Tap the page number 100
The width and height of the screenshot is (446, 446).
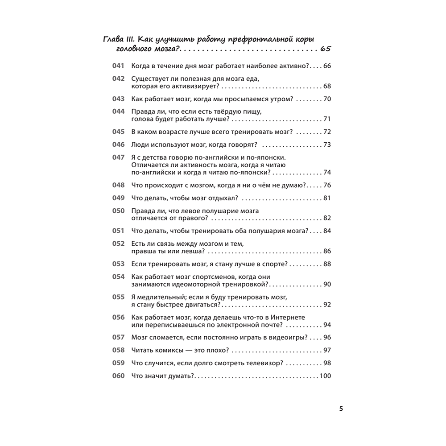325,376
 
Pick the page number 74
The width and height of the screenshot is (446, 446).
327,173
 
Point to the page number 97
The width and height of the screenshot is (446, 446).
327,350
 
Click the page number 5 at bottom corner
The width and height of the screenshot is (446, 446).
341,408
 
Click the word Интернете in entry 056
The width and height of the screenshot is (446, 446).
285,317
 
